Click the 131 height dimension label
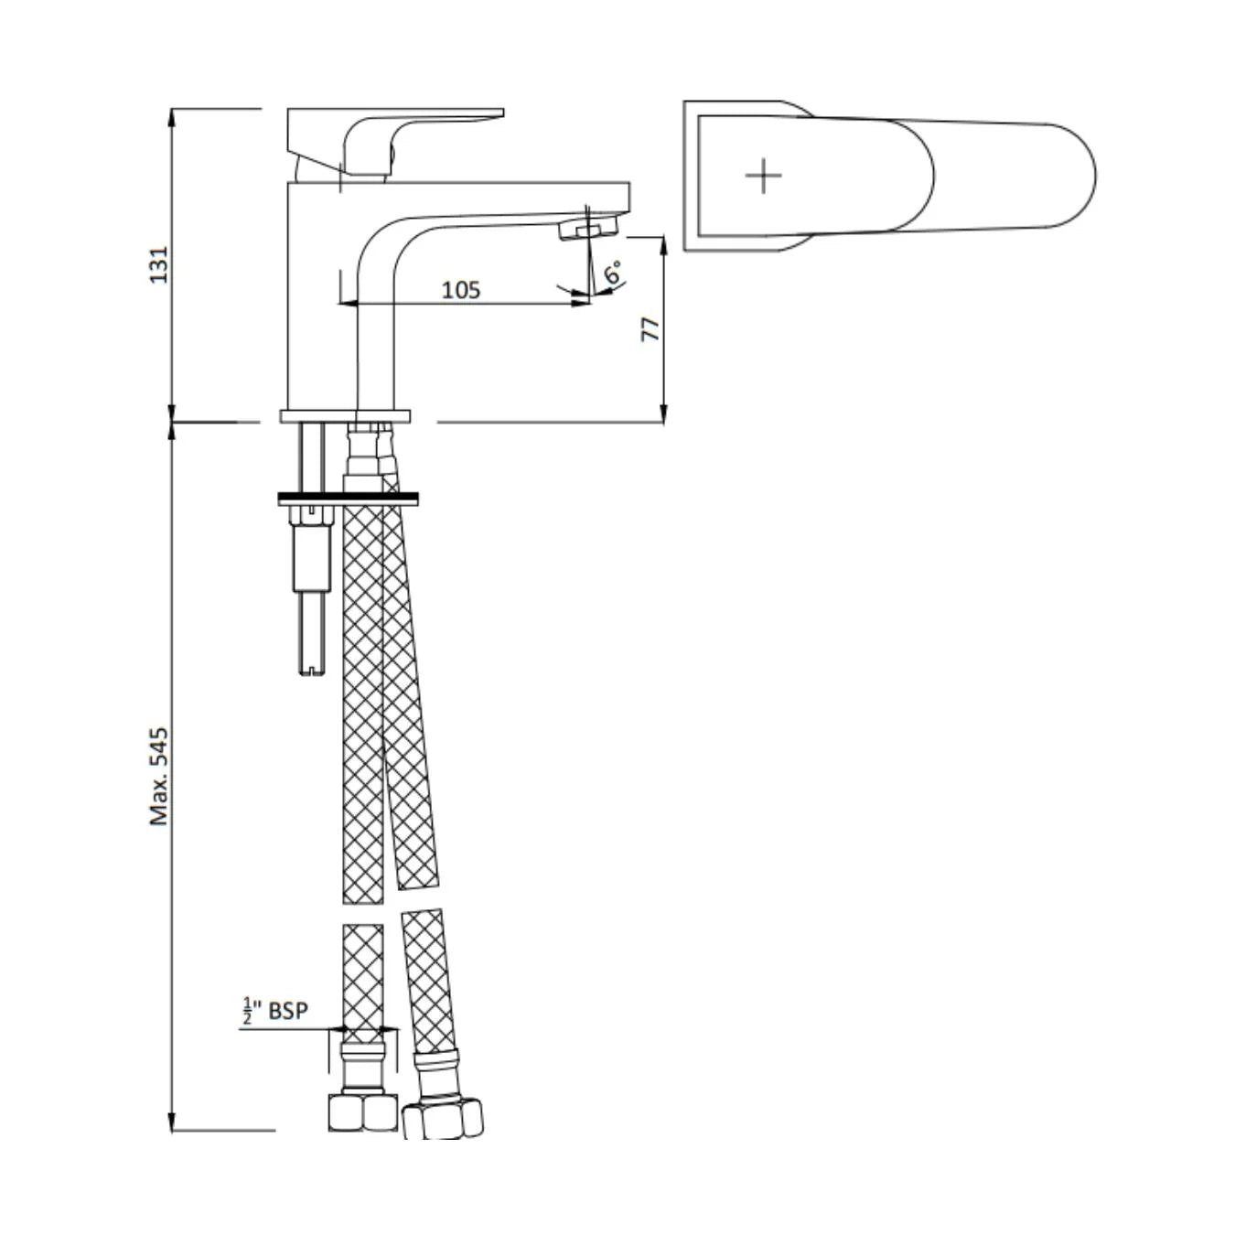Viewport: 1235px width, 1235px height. pyautogui.click(x=159, y=263)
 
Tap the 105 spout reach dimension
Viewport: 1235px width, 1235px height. pyautogui.click(x=460, y=290)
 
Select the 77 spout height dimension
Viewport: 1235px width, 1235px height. pyautogui.click(x=650, y=329)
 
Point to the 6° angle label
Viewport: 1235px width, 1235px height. pyautogui.click(x=614, y=271)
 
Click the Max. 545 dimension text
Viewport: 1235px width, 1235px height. pyautogui.click(x=159, y=777)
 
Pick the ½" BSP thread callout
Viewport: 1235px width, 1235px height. pyautogui.click(x=274, y=1011)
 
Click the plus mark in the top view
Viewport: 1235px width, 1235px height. pyautogui.click(x=763, y=175)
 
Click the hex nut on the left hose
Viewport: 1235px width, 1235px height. pyautogui.click(x=362, y=1111)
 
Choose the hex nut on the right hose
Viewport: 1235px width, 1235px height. pyautogui.click(x=443, y=1119)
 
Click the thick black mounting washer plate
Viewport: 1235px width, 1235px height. pyautogui.click(x=348, y=499)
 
